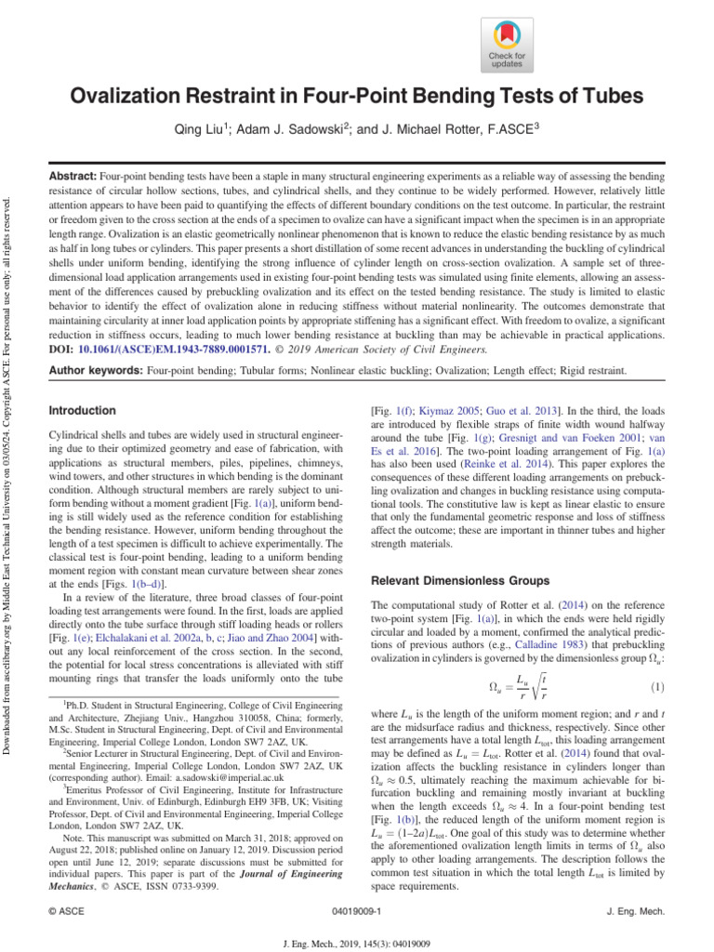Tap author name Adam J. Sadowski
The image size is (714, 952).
(297, 128)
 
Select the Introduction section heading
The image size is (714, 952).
(82, 410)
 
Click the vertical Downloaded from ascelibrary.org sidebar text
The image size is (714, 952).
(9, 446)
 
